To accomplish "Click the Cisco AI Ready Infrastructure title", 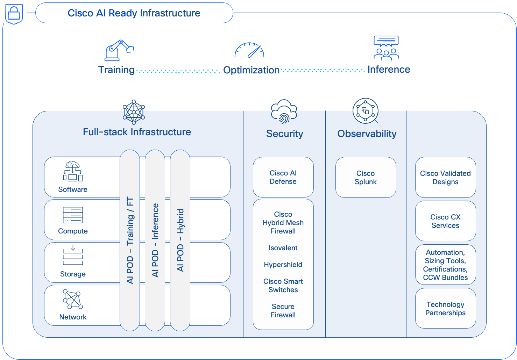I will click(x=134, y=13).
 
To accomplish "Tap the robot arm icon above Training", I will click(x=119, y=50).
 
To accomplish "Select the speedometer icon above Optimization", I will click(x=249, y=50).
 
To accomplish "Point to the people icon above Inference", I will click(x=386, y=48).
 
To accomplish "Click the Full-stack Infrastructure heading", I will click(x=137, y=132).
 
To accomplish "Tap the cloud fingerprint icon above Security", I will click(x=284, y=111).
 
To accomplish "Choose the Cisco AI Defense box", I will click(x=283, y=177).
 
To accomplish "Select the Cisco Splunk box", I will click(x=366, y=178).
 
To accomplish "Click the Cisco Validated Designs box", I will click(x=445, y=178).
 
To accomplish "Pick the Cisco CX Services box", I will click(x=445, y=221).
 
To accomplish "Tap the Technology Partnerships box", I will click(x=445, y=309).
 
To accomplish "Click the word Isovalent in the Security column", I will click(x=283, y=248).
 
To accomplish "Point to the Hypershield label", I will click(x=283, y=265).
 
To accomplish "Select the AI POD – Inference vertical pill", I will click(x=155, y=240).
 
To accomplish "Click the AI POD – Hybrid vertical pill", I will click(x=180, y=240).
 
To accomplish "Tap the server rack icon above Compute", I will click(x=73, y=215).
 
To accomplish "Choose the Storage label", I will click(x=73, y=274).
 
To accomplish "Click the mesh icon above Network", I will click(x=73, y=299).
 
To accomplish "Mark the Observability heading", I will click(x=367, y=134).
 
